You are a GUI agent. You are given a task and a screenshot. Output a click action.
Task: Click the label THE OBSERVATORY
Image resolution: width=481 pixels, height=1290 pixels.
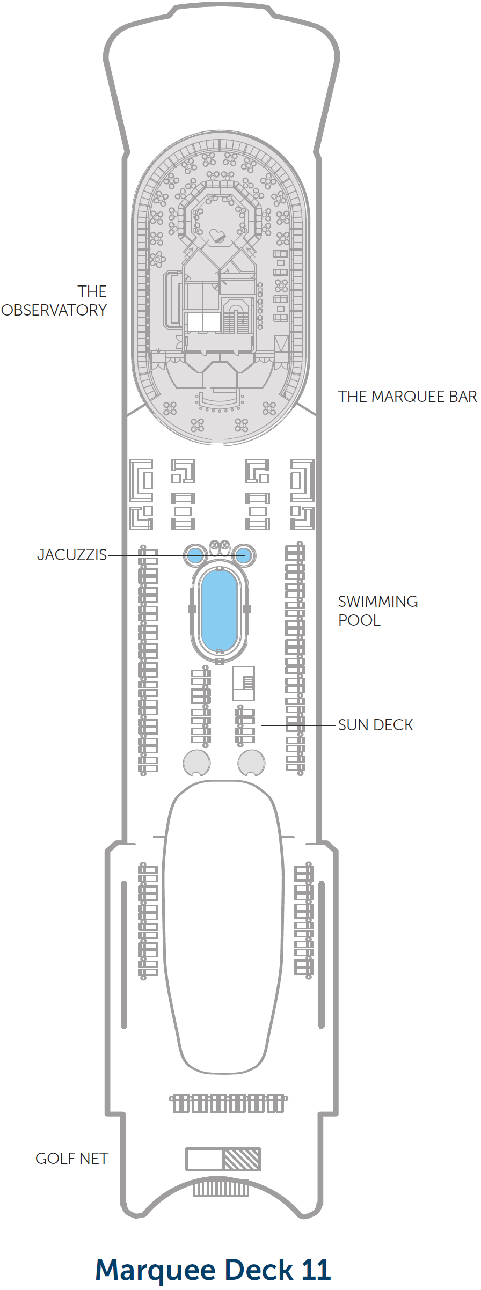54,300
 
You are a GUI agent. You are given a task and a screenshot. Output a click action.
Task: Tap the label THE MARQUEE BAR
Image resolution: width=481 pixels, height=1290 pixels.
407,397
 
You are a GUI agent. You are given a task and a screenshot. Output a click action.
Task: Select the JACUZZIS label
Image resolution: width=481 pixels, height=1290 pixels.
72,555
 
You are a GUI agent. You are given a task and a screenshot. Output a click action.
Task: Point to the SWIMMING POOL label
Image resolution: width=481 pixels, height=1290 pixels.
378,611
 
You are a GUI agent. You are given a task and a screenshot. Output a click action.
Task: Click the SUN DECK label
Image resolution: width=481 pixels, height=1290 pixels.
376,725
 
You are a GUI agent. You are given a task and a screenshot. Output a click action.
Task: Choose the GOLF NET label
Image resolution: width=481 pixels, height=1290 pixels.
72,1159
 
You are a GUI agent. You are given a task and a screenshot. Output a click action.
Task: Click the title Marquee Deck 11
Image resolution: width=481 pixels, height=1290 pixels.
213,1270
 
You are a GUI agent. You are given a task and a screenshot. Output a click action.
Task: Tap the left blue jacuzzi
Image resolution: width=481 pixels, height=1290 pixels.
195,555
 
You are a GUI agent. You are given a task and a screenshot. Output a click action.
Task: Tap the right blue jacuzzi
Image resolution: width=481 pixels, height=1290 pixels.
243,555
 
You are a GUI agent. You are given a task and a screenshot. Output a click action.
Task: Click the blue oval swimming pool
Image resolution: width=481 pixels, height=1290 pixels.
219,611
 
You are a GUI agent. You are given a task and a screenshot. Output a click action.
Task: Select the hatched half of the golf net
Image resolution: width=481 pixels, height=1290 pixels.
242,1159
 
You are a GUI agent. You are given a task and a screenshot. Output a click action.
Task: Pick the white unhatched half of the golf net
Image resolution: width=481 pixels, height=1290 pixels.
205,1159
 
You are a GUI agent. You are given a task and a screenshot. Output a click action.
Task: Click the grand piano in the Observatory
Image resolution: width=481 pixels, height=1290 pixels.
217,236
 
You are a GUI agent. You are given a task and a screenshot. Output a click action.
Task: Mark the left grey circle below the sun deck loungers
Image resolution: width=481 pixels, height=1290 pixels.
197,763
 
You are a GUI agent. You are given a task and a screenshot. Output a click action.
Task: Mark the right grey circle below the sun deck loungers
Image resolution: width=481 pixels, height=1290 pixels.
251,763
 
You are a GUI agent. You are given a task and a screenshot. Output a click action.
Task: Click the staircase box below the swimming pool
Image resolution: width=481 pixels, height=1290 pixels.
243,683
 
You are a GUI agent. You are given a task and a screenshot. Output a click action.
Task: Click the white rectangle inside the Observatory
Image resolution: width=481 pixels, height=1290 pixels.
203,322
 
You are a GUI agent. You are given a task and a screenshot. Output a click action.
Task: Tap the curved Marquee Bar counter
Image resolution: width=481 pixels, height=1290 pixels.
218,399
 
